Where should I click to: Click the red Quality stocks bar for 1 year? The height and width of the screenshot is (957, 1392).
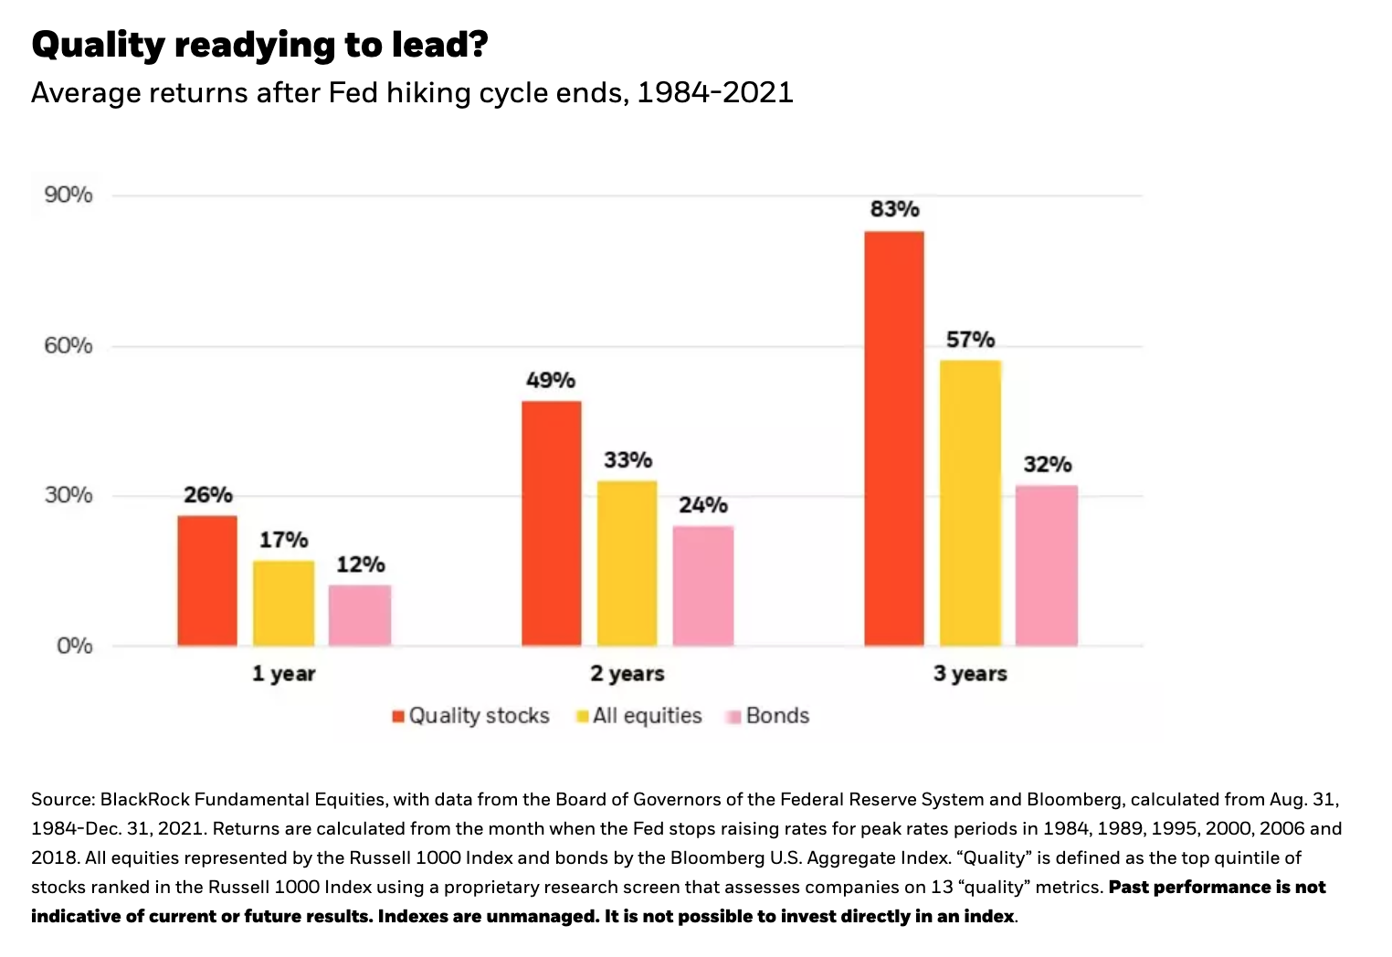207,581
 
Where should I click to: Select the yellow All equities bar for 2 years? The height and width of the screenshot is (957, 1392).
627,563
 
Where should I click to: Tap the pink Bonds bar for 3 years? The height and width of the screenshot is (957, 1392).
1047,566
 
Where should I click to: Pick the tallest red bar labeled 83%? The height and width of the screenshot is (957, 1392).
894,438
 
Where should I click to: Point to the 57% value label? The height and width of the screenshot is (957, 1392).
970,340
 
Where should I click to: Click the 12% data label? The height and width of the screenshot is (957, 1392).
360,564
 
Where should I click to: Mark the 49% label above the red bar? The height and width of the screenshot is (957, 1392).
551,380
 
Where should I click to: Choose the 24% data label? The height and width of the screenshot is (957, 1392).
703,505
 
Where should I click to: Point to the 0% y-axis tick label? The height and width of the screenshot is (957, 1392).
74,646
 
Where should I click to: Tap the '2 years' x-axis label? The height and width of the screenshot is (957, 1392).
627,674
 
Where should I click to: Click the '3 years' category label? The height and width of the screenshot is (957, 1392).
970,674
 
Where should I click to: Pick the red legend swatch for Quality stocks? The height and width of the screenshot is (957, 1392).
398,717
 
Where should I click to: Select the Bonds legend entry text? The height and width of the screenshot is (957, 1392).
777,716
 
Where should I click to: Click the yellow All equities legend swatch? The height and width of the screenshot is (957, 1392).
582,717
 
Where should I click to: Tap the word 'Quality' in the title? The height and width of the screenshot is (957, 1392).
98,44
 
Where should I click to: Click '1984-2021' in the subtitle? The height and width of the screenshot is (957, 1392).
715,92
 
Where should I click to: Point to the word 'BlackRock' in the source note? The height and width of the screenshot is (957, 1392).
144,799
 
